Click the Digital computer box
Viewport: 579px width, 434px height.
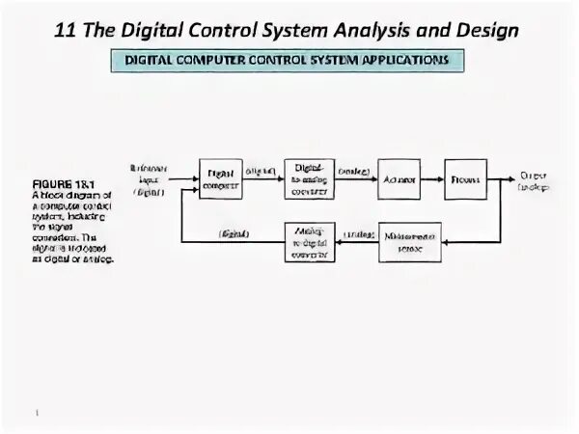pyautogui.click(x=220, y=178)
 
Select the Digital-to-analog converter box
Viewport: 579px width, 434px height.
pyautogui.click(x=309, y=178)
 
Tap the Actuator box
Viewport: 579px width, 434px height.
pyautogui.click(x=398, y=178)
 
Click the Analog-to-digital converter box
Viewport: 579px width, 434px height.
pyautogui.click(x=309, y=241)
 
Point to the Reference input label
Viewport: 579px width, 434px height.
pyautogui.click(x=148, y=178)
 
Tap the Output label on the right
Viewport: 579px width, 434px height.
pyautogui.click(x=533, y=180)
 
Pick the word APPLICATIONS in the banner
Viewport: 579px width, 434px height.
pyautogui.click(x=395, y=60)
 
